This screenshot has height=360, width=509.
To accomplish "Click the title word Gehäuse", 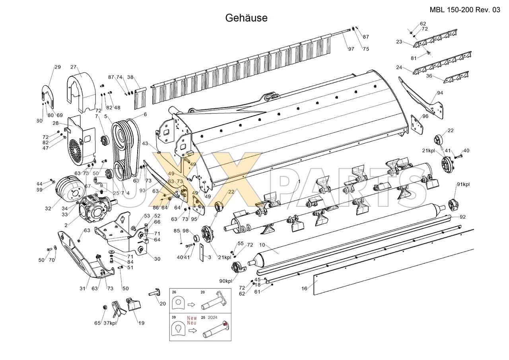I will tap(246, 18).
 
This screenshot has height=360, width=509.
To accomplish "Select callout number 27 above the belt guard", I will tap(73, 67).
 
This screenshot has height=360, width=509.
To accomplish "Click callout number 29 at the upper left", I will tap(57, 67).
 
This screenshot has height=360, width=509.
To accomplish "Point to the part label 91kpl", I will tap(463, 184).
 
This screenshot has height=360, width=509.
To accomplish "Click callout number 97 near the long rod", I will tap(351, 49).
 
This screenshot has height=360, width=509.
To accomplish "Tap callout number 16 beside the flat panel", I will tap(304, 288).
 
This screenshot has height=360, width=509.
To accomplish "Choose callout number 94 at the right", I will tap(439, 93).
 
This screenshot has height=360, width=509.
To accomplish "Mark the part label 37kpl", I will tap(110, 323).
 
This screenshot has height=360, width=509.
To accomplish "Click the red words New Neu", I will tap(192, 320).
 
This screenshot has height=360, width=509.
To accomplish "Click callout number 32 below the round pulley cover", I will tap(49, 208).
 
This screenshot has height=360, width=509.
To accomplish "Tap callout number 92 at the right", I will tap(462, 217).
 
